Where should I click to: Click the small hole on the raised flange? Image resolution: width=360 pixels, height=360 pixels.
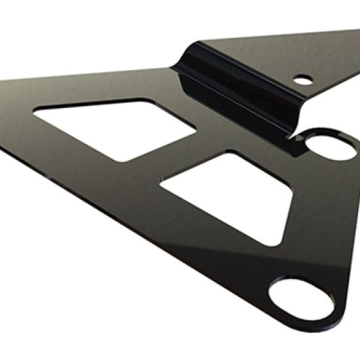tap(303, 80)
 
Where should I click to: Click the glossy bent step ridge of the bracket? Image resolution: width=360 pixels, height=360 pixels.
tap(236, 88)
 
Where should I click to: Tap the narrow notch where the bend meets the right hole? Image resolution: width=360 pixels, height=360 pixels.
tap(297, 135)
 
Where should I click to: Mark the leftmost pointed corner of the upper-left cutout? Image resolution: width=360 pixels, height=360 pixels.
tap(34, 112)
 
